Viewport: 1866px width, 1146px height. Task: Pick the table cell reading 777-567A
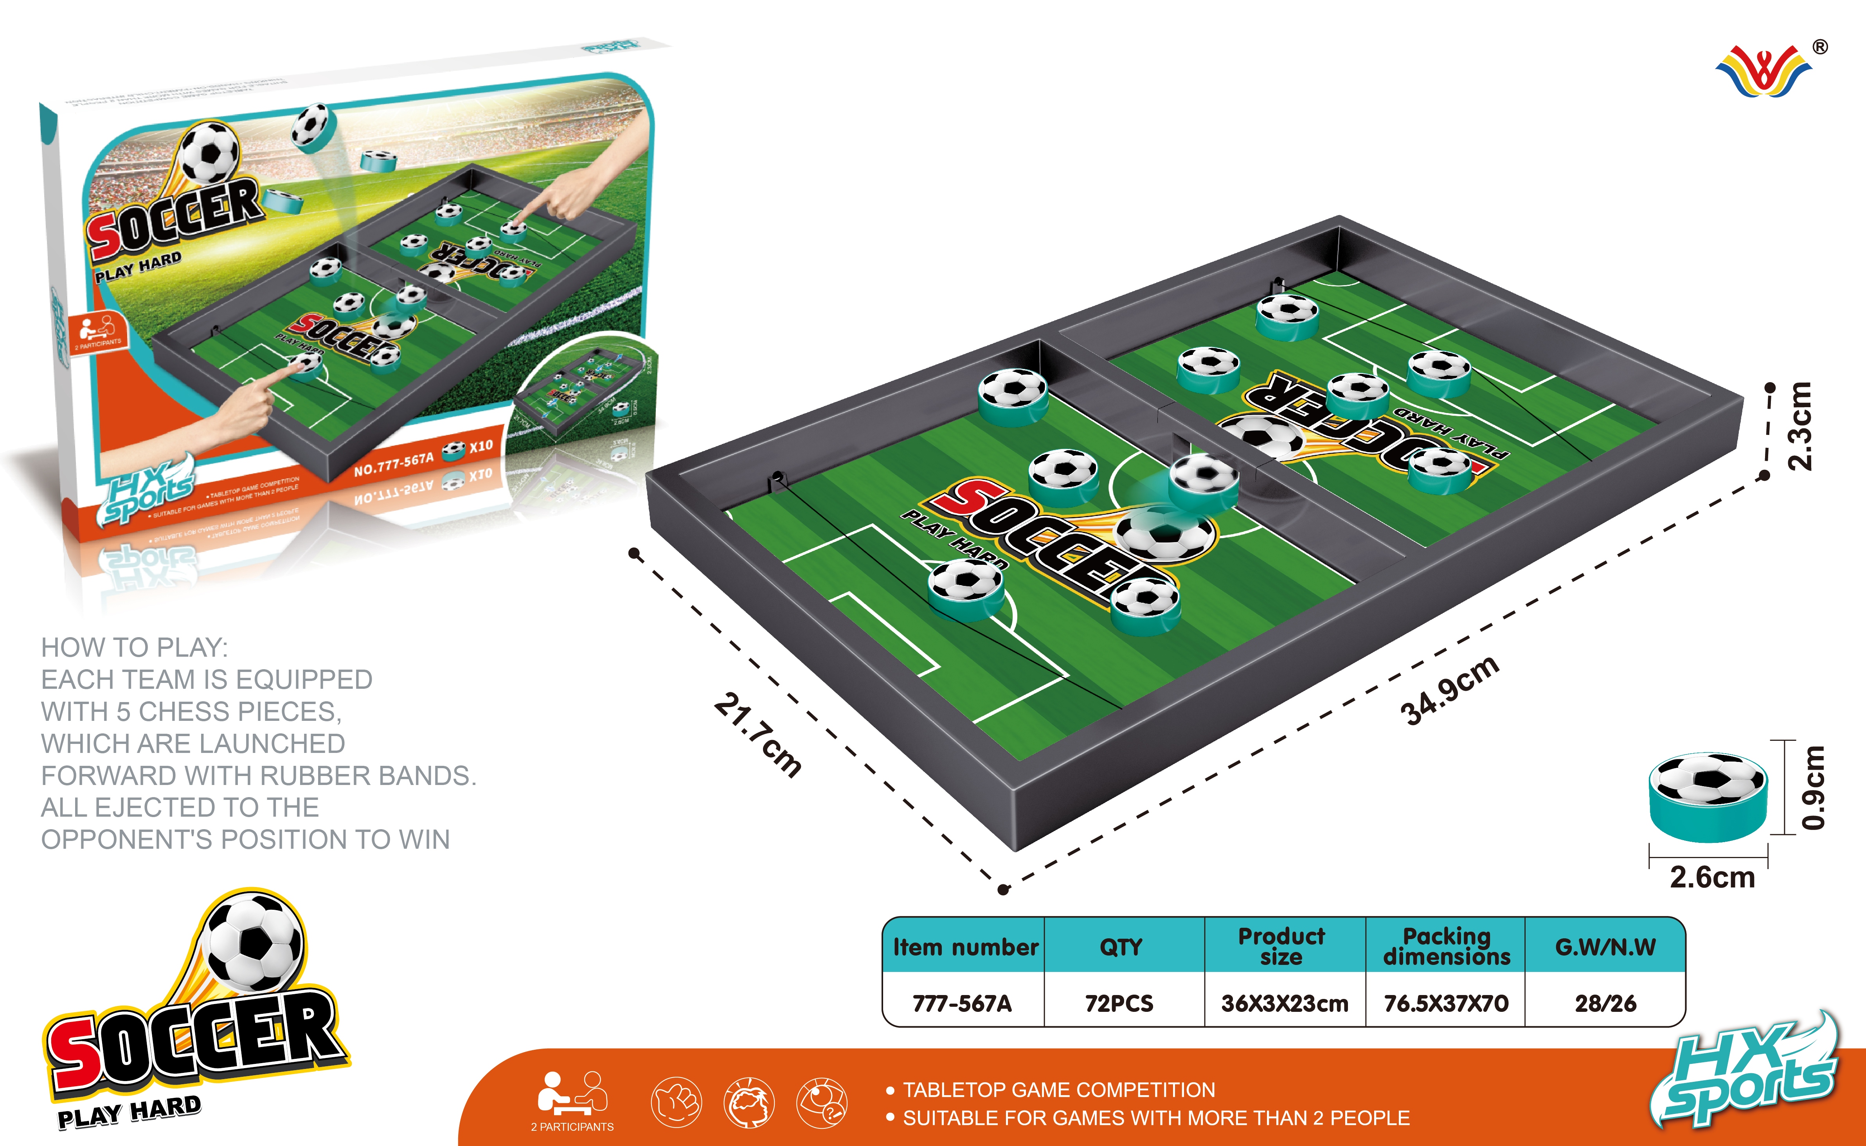[x=962, y=1004]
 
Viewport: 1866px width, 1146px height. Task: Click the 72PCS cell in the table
[x=1119, y=1004]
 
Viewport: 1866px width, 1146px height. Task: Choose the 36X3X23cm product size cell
[x=1285, y=1004]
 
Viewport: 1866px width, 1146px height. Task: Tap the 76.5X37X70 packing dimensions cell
[x=1446, y=1004]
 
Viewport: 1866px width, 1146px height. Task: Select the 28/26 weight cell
[x=1605, y=1004]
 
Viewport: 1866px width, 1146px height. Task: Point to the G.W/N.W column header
[x=1605, y=947]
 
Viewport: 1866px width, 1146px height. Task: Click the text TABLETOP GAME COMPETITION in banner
[x=1058, y=1090]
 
